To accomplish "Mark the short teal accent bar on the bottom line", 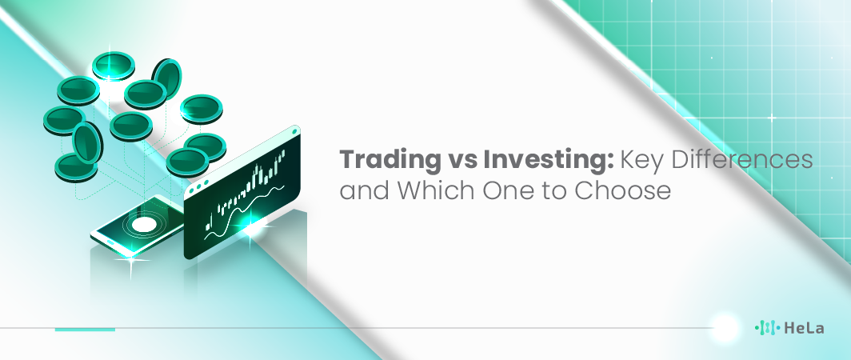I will pos(85,329).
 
